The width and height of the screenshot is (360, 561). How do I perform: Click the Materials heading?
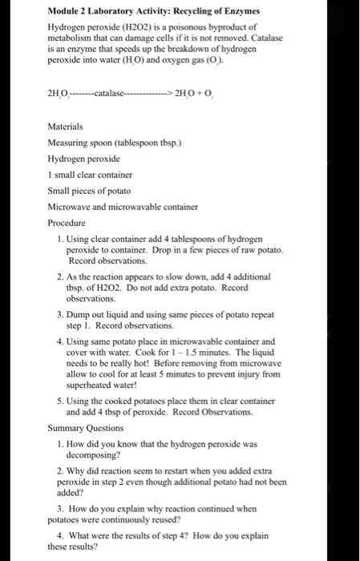(x=68, y=126)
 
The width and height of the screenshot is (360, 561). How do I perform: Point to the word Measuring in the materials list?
(x=70, y=142)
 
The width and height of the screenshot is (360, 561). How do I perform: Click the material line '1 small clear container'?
(x=90, y=174)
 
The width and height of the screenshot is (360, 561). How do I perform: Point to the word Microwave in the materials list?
(x=73, y=206)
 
